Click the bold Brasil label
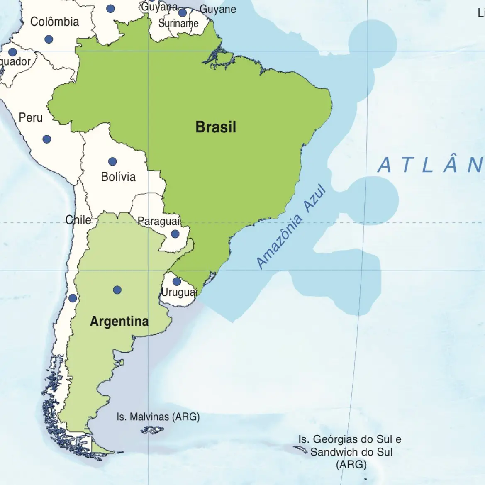point(216,127)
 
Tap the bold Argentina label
point(119,321)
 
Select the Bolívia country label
point(118,177)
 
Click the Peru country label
point(31,117)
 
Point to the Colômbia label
point(54,22)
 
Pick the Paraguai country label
point(159,221)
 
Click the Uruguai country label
point(179,292)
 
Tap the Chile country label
point(78,219)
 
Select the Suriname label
point(178,23)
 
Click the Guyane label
point(218,9)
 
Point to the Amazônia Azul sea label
point(291,227)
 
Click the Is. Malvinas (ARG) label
point(158,417)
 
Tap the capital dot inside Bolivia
point(112,161)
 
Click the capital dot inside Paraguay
point(175,234)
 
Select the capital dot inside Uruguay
point(176,282)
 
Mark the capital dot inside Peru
point(47,139)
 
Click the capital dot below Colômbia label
point(49,39)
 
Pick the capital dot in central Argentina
point(117,290)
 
